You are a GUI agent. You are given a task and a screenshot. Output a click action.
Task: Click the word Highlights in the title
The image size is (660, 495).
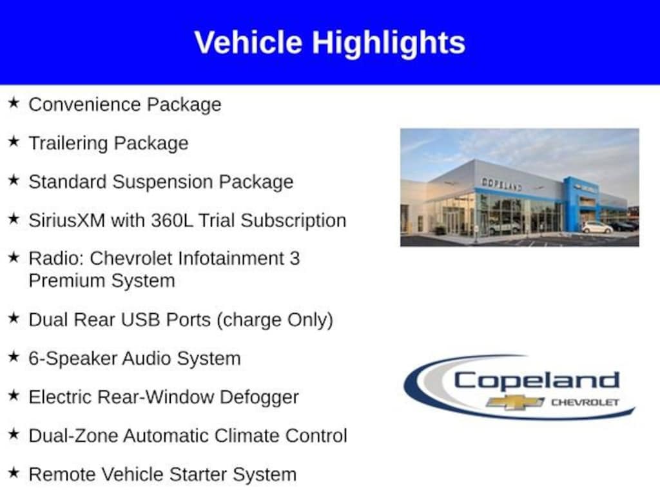389,43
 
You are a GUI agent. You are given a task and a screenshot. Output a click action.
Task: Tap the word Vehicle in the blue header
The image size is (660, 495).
248,42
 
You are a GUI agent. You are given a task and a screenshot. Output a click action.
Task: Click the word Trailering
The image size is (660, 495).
68,144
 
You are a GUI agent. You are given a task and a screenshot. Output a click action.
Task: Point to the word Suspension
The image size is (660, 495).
162,182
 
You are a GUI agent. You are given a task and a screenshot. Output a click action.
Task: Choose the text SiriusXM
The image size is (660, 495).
67,220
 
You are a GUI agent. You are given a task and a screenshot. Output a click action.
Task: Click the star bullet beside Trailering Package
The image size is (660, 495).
14,141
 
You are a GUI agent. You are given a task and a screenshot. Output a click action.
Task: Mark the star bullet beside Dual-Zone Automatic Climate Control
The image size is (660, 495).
14,434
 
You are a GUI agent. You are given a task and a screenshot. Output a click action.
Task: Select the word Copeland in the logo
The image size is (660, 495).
536,380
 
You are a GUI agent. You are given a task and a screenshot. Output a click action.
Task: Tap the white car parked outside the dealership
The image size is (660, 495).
597,228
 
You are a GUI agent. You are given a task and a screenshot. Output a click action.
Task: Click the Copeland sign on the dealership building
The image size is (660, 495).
501,184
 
